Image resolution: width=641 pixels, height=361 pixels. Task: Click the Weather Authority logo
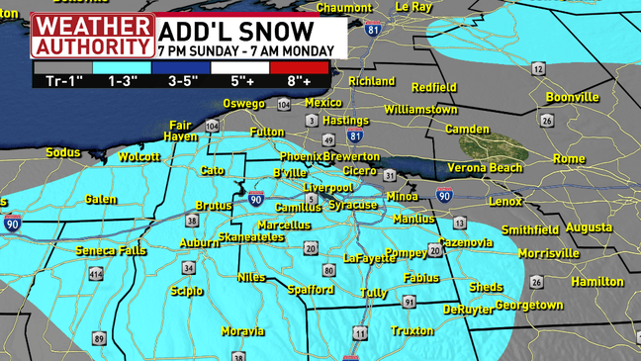(x=93, y=36)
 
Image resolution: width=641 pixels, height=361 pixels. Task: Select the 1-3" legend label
(x=123, y=81)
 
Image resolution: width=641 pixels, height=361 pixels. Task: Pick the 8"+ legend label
(x=300, y=81)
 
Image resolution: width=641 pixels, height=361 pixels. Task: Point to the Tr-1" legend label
(x=63, y=81)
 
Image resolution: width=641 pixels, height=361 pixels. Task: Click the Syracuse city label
(x=353, y=205)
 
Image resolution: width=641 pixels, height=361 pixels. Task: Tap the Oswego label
(x=243, y=104)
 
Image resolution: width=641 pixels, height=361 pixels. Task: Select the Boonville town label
(x=572, y=98)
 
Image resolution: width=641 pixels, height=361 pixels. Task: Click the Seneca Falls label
(x=111, y=251)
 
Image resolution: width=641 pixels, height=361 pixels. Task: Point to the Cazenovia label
(x=465, y=242)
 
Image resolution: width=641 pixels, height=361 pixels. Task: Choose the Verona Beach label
(x=485, y=168)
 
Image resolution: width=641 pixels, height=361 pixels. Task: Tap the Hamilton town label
(x=597, y=282)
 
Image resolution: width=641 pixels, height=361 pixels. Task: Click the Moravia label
(x=242, y=331)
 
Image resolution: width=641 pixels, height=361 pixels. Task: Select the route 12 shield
(x=537, y=69)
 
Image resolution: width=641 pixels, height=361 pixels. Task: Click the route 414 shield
(x=96, y=274)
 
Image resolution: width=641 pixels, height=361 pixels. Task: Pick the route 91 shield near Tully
(x=409, y=301)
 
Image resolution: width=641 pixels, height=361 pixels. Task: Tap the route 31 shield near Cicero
(x=390, y=175)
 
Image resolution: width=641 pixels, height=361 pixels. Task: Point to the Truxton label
(x=412, y=331)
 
